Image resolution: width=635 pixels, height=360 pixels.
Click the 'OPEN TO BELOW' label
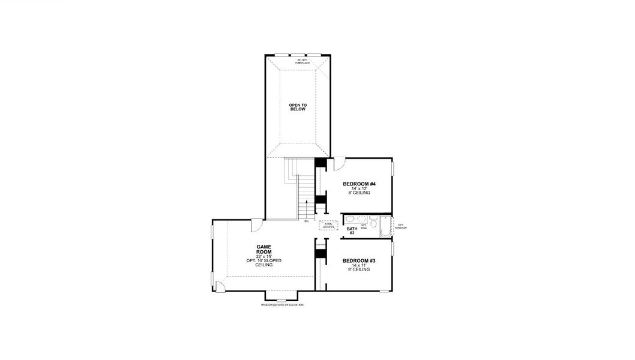[297, 107]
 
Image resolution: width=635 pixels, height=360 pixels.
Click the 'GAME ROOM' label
[264, 249]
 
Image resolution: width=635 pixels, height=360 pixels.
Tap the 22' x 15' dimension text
[264, 256]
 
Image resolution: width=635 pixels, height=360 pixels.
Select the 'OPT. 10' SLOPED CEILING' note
[264, 262]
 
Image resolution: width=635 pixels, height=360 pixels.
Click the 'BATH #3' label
[351, 230]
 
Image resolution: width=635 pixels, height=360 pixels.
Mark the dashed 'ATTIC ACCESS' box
[328, 225]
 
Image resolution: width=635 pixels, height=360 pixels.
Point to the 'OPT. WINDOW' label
[402, 227]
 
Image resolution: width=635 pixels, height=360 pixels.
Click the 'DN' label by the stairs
[306, 222]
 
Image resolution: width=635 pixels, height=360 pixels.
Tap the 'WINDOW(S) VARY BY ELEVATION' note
[282, 305]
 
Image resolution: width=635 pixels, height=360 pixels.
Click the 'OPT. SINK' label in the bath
[363, 227]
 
